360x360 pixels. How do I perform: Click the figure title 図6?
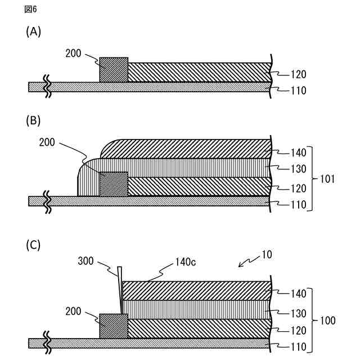pos(31,10)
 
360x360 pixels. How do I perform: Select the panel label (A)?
pos(34,32)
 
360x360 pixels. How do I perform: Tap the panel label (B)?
pos(34,120)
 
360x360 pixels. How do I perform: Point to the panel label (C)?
pos(34,245)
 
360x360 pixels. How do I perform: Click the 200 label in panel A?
pos(74,54)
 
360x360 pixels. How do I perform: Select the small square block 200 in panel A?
pos(114,70)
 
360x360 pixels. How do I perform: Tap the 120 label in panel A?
pos(299,74)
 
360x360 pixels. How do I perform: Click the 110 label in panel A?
pos(299,90)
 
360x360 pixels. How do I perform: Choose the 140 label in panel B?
pos(299,152)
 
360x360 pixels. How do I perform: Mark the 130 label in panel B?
pos(299,169)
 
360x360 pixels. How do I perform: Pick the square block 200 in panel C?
pos(114,326)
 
